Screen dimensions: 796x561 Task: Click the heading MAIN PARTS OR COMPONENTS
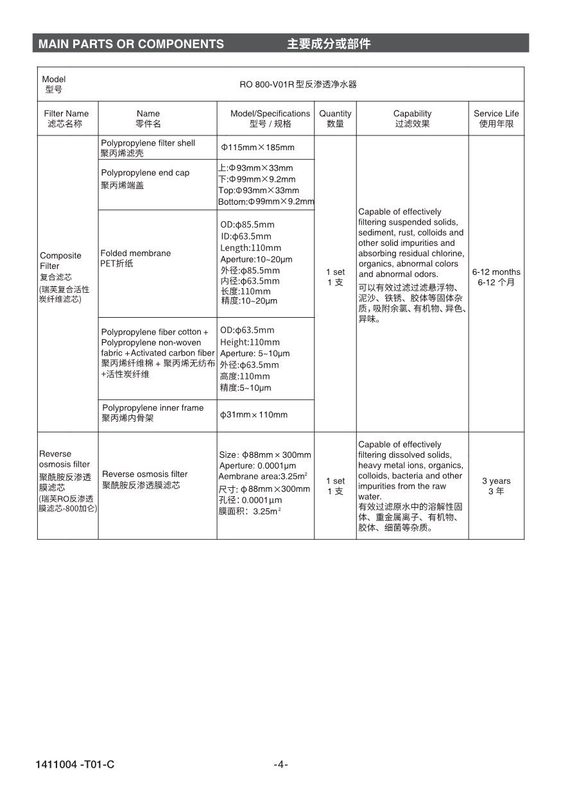pos(131,44)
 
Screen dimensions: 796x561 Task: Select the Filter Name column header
pos(67,118)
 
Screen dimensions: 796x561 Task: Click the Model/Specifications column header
pos(270,118)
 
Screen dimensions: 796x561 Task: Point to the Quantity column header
pos(335,118)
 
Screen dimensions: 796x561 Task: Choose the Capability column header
pos(412,118)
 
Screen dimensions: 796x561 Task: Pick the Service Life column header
pos(496,118)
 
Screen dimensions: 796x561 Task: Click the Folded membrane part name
pos(135,258)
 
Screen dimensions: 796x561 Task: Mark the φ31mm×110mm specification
pos(254,415)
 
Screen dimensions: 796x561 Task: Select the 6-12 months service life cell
pos(496,277)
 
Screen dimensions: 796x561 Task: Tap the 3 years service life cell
pos(496,485)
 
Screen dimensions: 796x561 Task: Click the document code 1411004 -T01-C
pos(75,764)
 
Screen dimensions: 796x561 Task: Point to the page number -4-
pos(280,764)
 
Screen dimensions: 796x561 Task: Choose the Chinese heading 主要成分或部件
pos(329,44)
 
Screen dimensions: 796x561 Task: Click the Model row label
pos(54,84)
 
